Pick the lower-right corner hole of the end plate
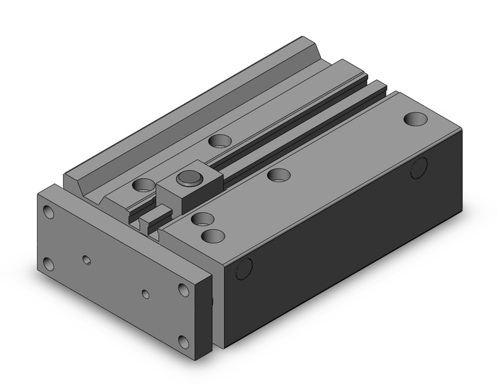coord(185,341)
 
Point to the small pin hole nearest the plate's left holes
coord(86,260)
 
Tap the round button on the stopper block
coord(189,177)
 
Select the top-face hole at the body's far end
coord(415,119)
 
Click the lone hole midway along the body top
coord(279,174)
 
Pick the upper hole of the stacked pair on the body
coord(204,219)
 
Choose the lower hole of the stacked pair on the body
coord(211,235)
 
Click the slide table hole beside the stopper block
coord(143,185)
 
